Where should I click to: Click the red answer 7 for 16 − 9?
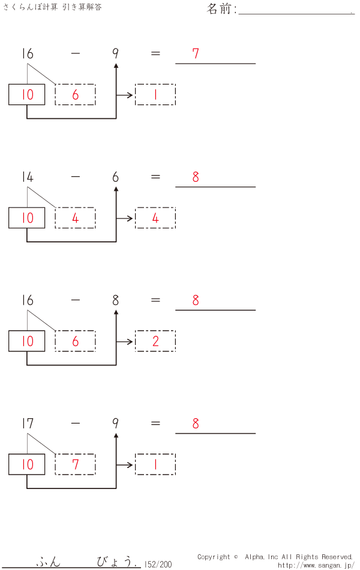tap(196, 53)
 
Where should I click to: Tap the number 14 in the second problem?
tap(27, 177)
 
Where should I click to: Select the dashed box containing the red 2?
tap(155, 341)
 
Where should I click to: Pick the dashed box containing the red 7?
tap(75, 464)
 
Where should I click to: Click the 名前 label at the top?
tap(221, 9)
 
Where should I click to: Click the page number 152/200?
tap(158, 564)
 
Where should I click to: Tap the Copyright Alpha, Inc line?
tap(275, 557)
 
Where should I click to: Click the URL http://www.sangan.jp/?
tap(316, 565)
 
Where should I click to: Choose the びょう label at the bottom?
tap(114, 562)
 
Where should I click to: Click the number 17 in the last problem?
tap(27, 424)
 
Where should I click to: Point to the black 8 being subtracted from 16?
tap(116, 300)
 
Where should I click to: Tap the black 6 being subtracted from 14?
tap(116, 177)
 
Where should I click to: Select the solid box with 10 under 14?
tap(27, 218)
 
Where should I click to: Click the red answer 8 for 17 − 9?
tap(196, 424)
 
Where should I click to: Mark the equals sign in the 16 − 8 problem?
tap(155, 300)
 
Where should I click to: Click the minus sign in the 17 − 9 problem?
tap(75, 424)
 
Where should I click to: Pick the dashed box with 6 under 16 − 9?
tap(75, 95)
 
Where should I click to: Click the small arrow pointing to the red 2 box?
tap(125, 341)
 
